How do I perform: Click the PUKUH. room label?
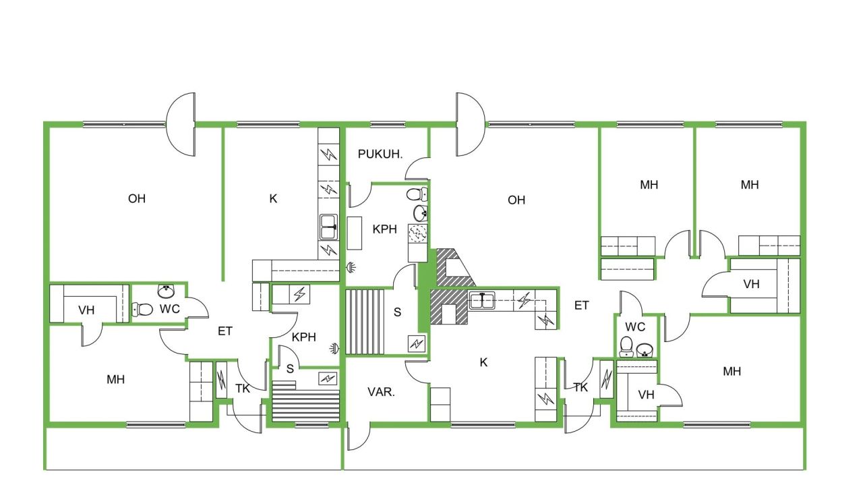pos(380,154)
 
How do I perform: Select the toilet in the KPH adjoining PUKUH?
pos(415,195)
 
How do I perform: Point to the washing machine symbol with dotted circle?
pos(417,233)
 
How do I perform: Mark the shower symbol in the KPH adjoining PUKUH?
pos(351,267)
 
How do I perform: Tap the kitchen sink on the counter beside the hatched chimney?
pos(482,300)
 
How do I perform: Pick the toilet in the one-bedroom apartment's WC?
pos(143,310)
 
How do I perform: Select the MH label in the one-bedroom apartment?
pos(115,379)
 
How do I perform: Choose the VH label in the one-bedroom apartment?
pos(86,310)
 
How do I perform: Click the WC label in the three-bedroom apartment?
pos(635,327)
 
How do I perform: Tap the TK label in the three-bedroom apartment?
pos(581,387)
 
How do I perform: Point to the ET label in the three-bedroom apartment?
pos(581,306)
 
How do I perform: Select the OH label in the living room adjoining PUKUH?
pos(516,200)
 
